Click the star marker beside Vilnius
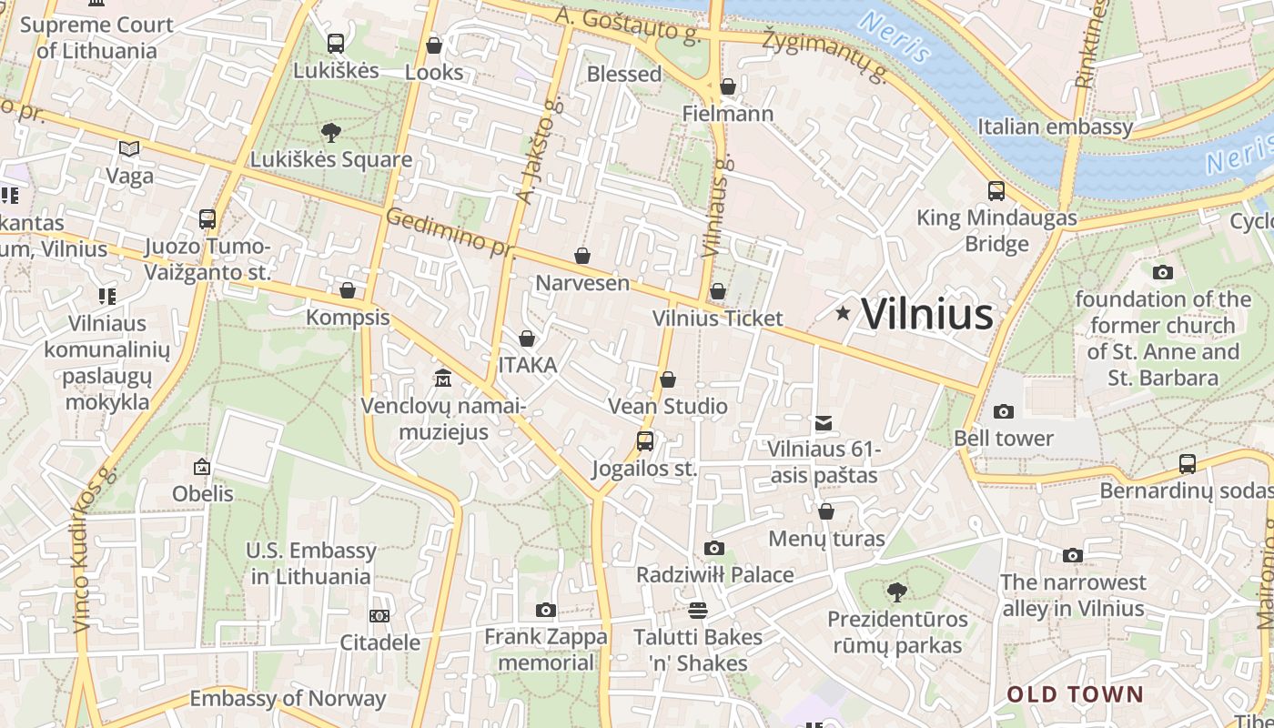(x=844, y=314)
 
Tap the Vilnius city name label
(x=926, y=314)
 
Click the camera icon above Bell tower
(x=1004, y=412)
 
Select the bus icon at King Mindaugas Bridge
(x=996, y=191)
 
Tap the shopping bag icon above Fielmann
(x=728, y=87)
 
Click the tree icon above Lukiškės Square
(x=331, y=133)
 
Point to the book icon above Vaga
(x=129, y=148)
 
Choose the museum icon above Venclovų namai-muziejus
(x=443, y=379)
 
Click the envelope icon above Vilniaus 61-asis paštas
(x=824, y=423)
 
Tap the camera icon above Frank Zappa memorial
(x=546, y=610)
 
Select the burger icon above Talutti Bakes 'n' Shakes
(x=698, y=610)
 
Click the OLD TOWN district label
(x=1075, y=694)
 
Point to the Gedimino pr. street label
(x=450, y=233)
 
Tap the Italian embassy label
(x=1055, y=126)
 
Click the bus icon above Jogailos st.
(x=645, y=442)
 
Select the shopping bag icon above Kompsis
(x=348, y=291)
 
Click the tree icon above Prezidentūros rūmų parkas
(x=897, y=592)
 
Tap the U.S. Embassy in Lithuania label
(x=311, y=563)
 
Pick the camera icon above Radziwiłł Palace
(x=714, y=548)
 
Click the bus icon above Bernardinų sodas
(x=1188, y=464)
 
